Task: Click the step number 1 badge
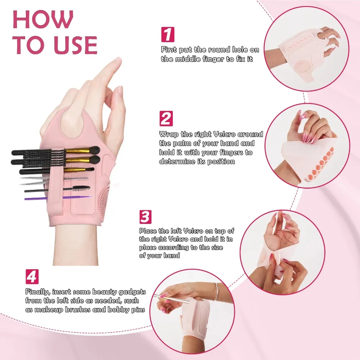point(167,34)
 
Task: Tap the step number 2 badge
point(166,118)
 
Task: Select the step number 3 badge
point(145,217)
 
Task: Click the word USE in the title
point(73,45)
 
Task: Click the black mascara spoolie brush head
point(81,188)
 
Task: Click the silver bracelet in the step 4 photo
point(216,292)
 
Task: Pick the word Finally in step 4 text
point(37,292)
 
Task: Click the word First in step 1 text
point(169,50)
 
